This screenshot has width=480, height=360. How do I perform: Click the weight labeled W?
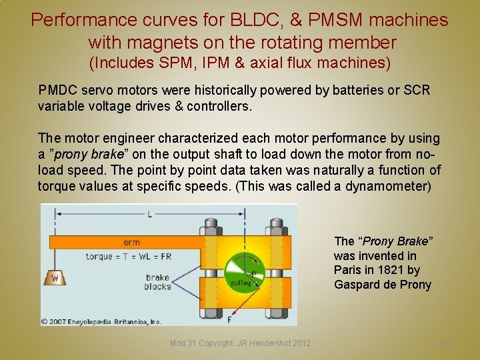[x=55, y=277]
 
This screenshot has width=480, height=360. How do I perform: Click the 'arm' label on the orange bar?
[x=131, y=243]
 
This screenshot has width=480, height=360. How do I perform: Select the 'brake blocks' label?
[x=157, y=282]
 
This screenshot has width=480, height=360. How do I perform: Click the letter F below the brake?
[x=230, y=319]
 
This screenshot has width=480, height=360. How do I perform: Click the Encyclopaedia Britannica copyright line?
[x=102, y=321]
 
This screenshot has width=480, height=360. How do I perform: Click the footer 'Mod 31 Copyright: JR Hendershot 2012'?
[x=240, y=343]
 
